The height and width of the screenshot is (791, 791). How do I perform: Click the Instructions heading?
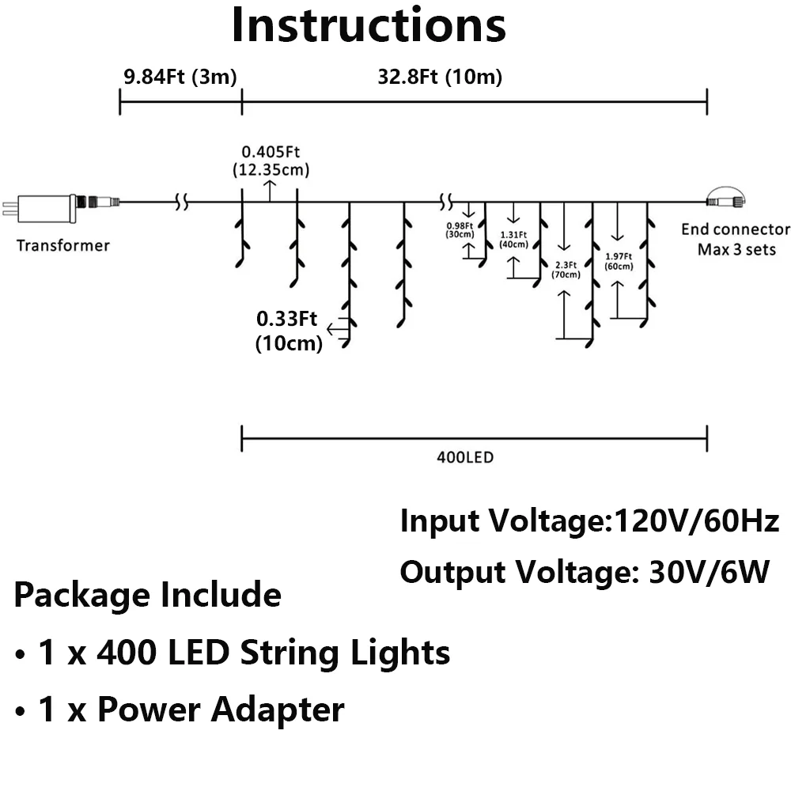pyautogui.click(x=369, y=25)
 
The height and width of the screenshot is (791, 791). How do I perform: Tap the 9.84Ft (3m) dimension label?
pyautogui.click(x=179, y=77)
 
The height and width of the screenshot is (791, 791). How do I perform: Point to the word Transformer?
pyautogui.click(x=63, y=245)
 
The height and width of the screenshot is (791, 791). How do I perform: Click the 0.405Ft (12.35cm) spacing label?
pyautogui.click(x=271, y=161)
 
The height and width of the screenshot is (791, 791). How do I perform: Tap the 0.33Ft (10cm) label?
pyautogui.click(x=287, y=331)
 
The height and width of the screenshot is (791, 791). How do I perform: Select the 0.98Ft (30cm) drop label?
pyautogui.click(x=460, y=229)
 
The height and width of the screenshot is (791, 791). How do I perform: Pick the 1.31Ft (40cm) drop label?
pyautogui.click(x=514, y=240)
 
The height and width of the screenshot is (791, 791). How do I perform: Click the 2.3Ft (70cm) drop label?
pyautogui.click(x=566, y=270)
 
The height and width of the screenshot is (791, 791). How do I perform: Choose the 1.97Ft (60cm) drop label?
pyautogui.click(x=619, y=261)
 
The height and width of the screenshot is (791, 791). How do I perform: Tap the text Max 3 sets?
pyautogui.click(x=736, y=250)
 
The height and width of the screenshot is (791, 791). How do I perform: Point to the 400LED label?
pyautogui.click(x=465, y=457)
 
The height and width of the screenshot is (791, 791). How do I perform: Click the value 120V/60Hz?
pyautogui.click(x=697, y=521)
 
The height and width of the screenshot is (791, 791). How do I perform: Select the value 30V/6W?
pyautogui.click(x=708, y=571)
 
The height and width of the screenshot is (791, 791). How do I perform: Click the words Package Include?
pyautogui.click(x=148, y=594)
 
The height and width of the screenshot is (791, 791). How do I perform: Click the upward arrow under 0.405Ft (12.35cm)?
pyautogui.click(x=270, y=189)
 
